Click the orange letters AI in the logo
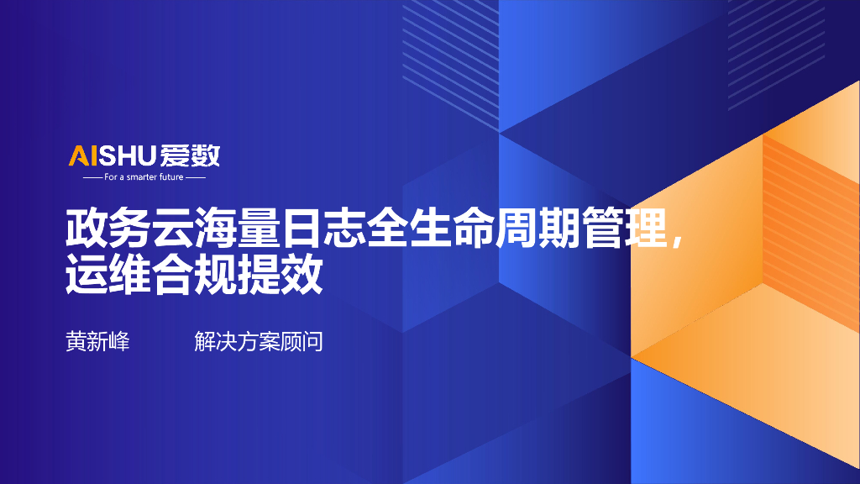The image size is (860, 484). click(83, 155)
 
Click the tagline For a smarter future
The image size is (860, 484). click(144, 177)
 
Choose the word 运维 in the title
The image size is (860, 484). click(107, 276)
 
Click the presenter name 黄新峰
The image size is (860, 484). click(97, 342)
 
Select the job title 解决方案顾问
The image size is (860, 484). click(259, 342)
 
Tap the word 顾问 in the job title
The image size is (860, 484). click(302, 342)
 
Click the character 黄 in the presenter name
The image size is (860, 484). click(76, 342)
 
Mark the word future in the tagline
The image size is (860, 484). click(171, 177)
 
